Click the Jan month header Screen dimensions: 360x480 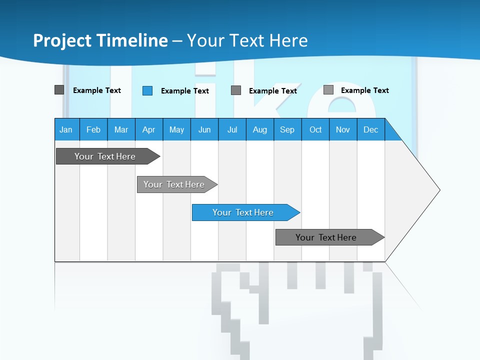(x=66, y=129)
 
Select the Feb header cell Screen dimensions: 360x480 (x=93, y=129)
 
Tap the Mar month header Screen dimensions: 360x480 (x=121, y=129)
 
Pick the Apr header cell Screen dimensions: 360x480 (x=149, y=129)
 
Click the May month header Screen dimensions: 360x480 (x=176, y=129)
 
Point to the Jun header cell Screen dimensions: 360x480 (x=204, y=129)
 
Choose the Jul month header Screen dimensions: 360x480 (x=232, y=129)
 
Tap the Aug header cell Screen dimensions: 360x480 (x=260, y=129)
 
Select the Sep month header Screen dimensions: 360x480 (x=287, y=129)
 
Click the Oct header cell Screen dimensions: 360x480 (x=315, y=129)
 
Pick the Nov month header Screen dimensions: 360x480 (x=343, y=129)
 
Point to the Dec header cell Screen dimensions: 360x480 (x=371, y=129)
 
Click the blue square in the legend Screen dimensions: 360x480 (x=147, y=90)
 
